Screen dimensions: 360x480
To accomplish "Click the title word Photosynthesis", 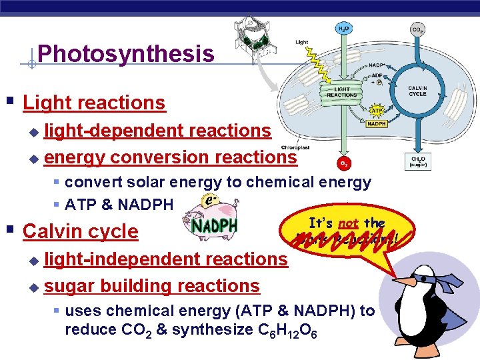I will tap(126, 53).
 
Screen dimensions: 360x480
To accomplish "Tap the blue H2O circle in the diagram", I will tap(342, 29).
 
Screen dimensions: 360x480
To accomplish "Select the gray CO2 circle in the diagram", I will tap(418, 29).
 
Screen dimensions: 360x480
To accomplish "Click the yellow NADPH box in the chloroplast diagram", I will tap(377, 123).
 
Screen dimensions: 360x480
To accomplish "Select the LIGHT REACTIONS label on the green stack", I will tap(342, 92).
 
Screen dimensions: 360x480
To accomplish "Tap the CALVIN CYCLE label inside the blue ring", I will tap(418, 91).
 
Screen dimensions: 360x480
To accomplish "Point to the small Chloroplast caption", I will tap(294, 147).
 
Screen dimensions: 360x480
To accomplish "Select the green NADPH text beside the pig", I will tap(214, 225).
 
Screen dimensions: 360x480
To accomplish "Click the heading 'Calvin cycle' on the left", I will tap(80, 232).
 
